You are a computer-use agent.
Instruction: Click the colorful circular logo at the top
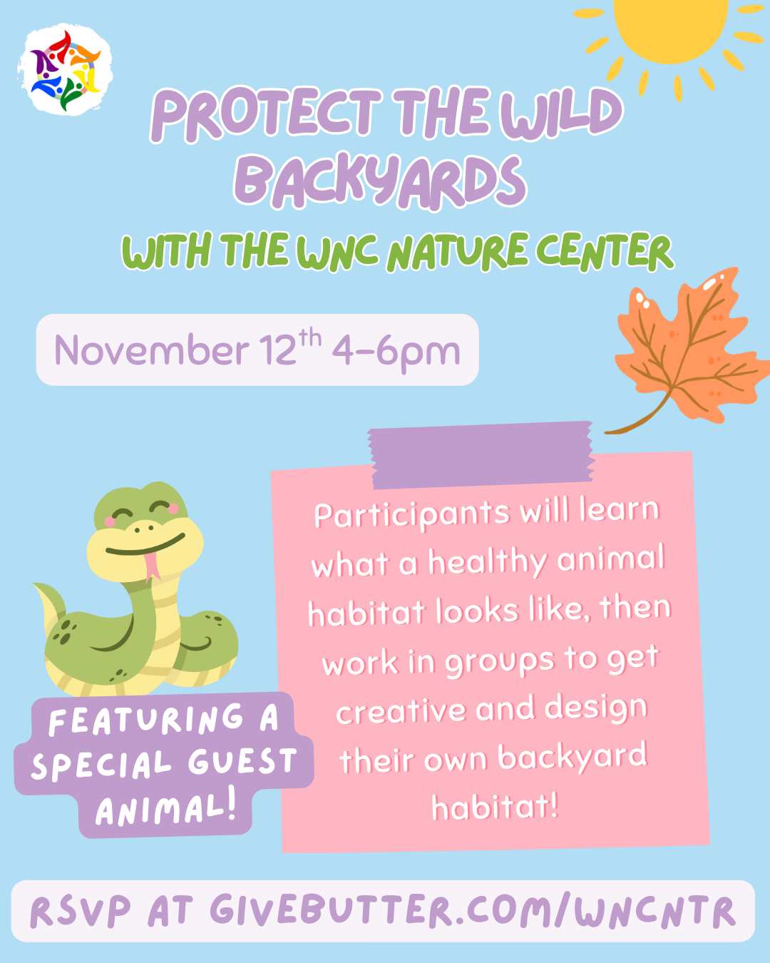click(x=64, y=70)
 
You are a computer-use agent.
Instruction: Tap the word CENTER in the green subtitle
click(x=604, y=253)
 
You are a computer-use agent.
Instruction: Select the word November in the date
click(x=151, y=351)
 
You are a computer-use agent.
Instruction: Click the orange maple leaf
click(x=684, y=350)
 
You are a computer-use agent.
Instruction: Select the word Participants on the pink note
click(x=412, y=515)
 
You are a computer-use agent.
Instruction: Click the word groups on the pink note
click(x=499, y=662)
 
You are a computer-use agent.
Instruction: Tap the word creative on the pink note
click(x=401, y=712)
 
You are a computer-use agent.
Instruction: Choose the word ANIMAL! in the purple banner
click(x=165, y=810)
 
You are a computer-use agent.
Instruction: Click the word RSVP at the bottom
click(x=81, y=912)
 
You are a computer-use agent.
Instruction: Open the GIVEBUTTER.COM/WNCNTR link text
click(x=471, y=912)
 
